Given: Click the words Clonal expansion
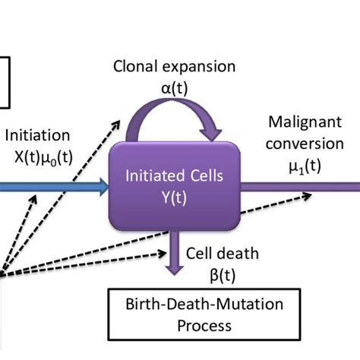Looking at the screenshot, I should pos(174,66).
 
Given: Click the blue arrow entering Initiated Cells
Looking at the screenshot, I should pos(53,185).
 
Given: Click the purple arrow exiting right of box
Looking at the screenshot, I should pos(304,185).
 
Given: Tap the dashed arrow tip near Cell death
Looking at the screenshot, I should pos(169,252).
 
